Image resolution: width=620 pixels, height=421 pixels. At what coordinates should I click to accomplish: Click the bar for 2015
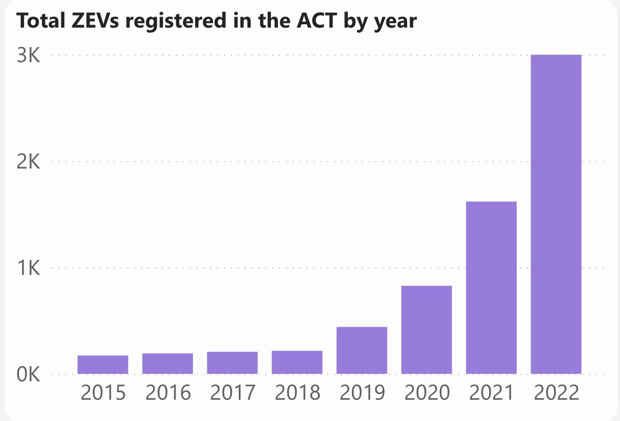[103, 365]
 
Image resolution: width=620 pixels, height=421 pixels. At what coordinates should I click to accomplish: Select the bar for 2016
[168, 363]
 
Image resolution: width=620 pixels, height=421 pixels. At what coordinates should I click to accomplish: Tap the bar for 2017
[232, 363]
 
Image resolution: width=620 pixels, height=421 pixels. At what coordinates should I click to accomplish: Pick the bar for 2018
[297, 362]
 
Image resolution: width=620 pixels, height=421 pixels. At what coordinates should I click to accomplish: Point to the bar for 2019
[362, 350]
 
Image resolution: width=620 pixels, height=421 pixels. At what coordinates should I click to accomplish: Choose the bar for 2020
[427, 330]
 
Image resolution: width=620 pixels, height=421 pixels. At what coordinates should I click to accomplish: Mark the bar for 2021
[491, 288]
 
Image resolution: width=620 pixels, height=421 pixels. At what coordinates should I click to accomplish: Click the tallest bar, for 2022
[556, 214]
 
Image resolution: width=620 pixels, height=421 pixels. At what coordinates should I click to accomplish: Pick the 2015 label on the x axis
[103, 393]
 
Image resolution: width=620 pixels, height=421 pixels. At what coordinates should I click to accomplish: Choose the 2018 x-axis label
[297, 393]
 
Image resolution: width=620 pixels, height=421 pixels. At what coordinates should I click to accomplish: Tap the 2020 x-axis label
[427, 393]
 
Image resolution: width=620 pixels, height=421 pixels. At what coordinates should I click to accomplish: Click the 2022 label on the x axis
[556, 393]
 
